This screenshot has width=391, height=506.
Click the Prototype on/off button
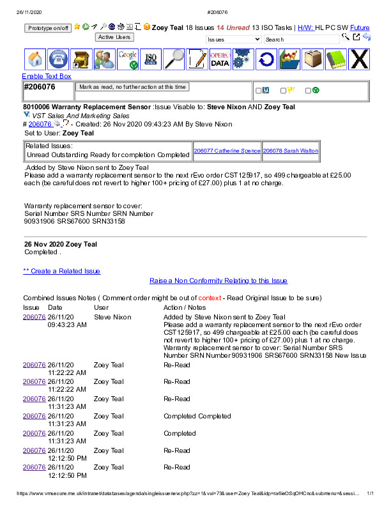click(49, 28)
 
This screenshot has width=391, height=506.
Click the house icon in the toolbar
click(36, 59)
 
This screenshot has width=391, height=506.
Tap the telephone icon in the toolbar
click(59, 59)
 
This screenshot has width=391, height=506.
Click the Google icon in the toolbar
click(128, 59)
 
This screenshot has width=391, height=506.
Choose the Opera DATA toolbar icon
click(220, 59)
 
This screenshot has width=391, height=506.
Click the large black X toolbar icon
click(360, 59)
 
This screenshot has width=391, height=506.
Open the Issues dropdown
click(233, 40)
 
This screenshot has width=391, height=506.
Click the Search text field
click(302, 40)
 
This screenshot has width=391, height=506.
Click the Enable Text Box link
click(47, 77)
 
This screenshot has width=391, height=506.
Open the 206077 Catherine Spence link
click(227, 151)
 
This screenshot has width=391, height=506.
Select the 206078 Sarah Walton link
click(290, 151)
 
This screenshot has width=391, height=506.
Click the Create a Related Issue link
click(61, 271)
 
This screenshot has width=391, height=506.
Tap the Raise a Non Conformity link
click(218, 280)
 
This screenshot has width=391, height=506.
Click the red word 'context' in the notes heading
click(210, 298)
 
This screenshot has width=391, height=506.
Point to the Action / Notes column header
click(185, 307)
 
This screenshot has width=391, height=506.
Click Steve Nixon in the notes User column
click(112, 317)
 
